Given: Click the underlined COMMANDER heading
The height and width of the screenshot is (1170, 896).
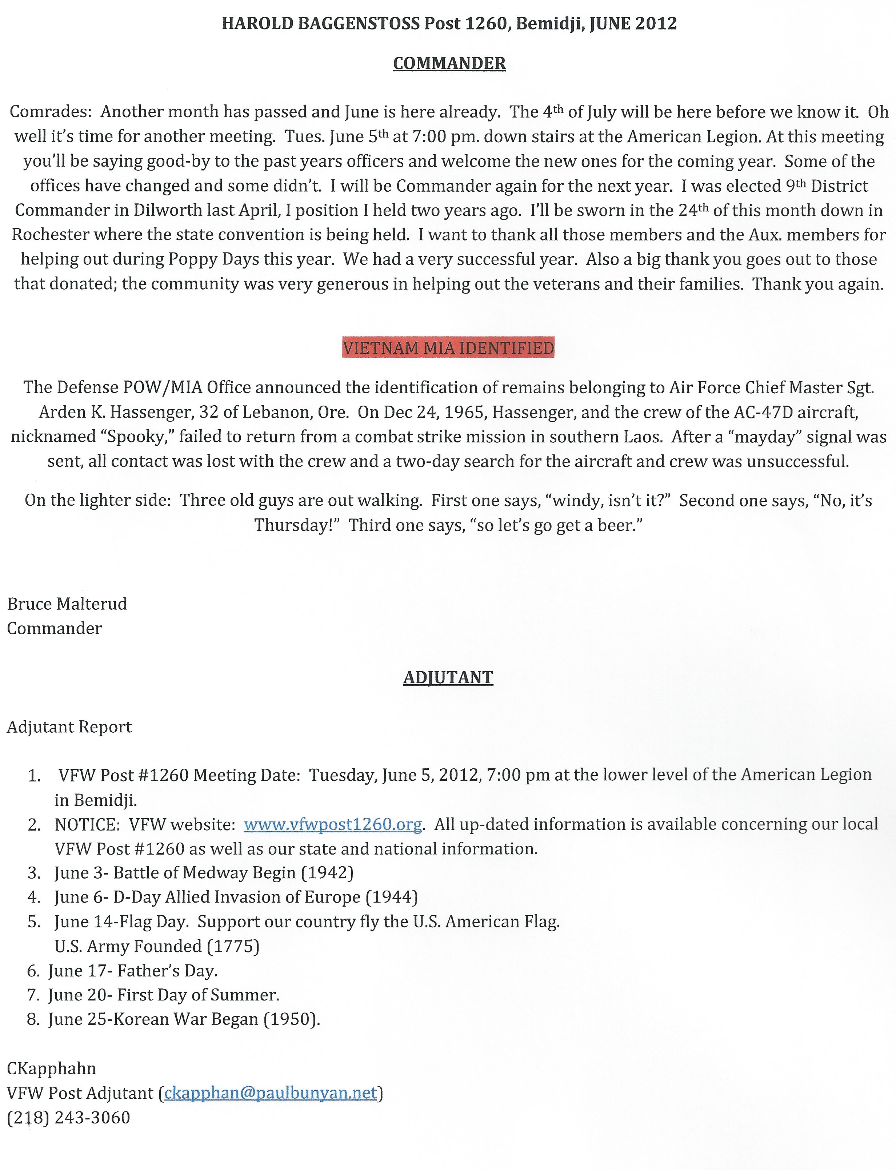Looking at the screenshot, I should tap(449, 64).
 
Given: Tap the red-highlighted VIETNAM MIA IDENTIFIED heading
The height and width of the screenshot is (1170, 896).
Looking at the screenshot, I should tap(448, 348).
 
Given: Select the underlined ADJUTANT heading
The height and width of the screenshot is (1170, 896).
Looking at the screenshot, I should tap(448, 677).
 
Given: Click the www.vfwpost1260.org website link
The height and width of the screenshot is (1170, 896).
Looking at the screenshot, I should tap(333, 824).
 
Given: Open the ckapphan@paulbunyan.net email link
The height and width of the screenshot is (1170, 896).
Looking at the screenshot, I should tap(271, 1093).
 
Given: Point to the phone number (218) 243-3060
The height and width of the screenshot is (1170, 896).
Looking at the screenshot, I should tap(68, 1118).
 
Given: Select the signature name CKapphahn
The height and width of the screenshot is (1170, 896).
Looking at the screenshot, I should tap(51, 1068).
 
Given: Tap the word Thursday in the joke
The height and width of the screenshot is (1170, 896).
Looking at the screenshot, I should tap(297, 525).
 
